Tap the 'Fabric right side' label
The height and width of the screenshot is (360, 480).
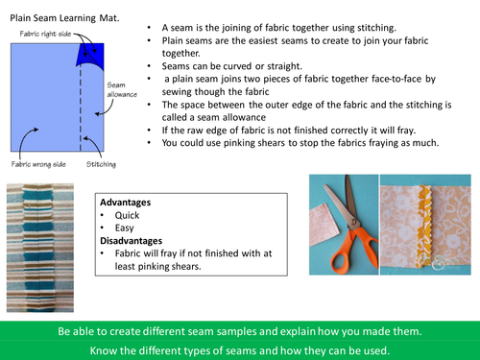tap(43, 33)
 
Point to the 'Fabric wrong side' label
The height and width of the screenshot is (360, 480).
tap(37, 164)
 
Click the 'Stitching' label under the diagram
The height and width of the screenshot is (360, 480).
tap(100, 164)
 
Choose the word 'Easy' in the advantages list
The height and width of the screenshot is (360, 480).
tap(124, 228)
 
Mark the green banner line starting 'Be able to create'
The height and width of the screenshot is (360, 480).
tap(240, 330)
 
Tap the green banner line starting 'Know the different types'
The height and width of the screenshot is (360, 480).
tap(240, 350)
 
